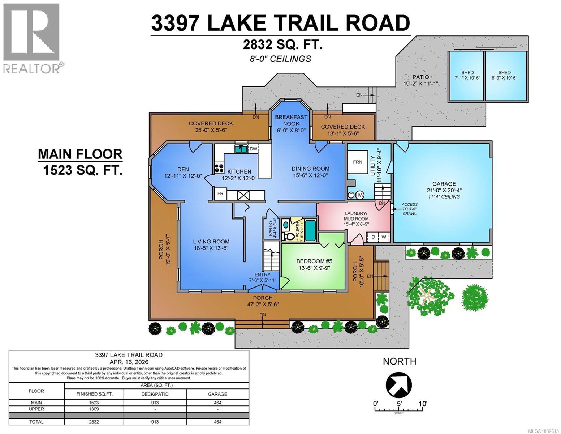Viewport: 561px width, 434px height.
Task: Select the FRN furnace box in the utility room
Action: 358,162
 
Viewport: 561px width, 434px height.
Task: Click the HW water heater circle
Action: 359,195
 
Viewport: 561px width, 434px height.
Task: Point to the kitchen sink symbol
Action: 239,148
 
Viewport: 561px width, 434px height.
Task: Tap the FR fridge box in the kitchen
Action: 220,194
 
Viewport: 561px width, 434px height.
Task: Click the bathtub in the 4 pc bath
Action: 310,230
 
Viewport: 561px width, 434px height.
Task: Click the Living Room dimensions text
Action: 211,248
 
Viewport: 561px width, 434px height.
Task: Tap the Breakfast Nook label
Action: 291,120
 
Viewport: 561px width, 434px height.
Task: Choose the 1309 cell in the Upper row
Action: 94,409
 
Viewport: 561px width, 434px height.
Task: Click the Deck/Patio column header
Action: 155,394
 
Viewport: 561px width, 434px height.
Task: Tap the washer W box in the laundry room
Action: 384,237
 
